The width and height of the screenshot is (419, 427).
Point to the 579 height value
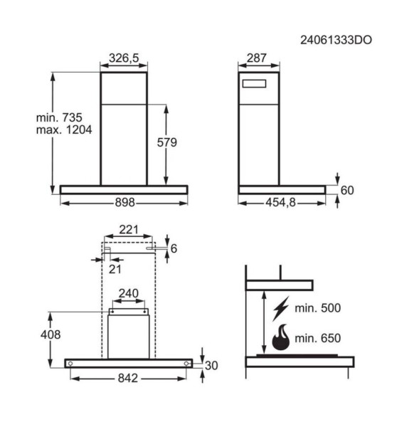tap(166, 142)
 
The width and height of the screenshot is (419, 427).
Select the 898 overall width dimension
tap(124, 203)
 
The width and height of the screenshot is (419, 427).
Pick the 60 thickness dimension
tap(347, 190)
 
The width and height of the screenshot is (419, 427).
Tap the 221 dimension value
tap(129, 229)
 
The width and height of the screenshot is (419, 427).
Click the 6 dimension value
tap(173, 248)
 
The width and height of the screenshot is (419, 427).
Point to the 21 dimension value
tap(115, 268)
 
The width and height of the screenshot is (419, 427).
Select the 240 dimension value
tap(128, 293)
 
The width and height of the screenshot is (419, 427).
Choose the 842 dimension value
tap(128, 379)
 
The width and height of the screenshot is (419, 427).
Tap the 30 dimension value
tap(211, 365)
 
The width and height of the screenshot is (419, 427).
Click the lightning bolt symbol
tap(282, 309)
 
